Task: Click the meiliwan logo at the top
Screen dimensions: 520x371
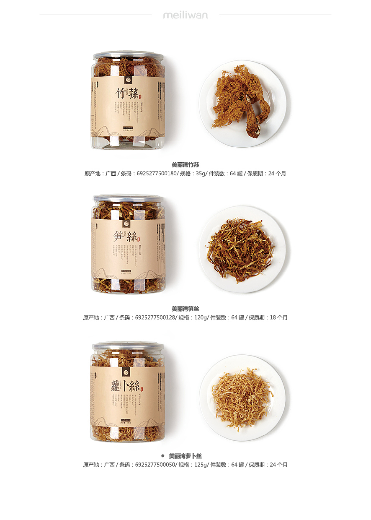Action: pyautogui.click(x=185, y=16)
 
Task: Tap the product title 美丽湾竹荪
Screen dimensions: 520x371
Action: pyautogui.click(x=185, y=165)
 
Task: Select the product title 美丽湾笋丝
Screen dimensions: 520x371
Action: pyautogui.click(x=185, y=309)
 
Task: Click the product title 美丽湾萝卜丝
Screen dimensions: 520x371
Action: pyautogui.click(x=185, y=456)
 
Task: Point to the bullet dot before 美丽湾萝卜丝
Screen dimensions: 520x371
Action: pyautogui.click(x=162, y=455)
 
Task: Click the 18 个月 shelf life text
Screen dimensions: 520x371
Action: pyautogui.click(x=278, y=318)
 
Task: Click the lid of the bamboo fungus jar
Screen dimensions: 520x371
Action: pyautogui.click(x=128, y=55)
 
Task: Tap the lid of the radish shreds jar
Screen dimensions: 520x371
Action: pyautogui.click(x=128, y=346)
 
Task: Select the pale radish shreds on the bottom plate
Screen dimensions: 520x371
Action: pyautogui.click(x=242, y=396)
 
